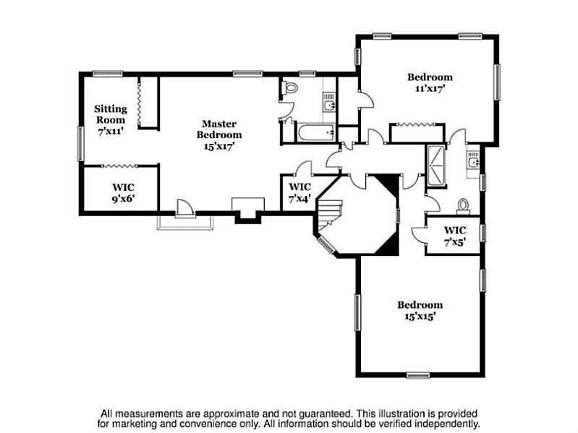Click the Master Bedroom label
219,129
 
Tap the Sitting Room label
111,114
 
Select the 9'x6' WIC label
123,187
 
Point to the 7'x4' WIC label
299,187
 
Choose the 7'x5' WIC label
455,231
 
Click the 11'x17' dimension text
430,89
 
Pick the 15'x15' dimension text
420,317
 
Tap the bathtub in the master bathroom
316,132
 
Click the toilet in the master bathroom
290,87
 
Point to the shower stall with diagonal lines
436,166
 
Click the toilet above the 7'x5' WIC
463,207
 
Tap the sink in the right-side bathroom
472,162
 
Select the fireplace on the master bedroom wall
247,210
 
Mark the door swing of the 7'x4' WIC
305,168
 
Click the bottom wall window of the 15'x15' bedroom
418,376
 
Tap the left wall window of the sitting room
80,144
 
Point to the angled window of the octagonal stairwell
326,246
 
